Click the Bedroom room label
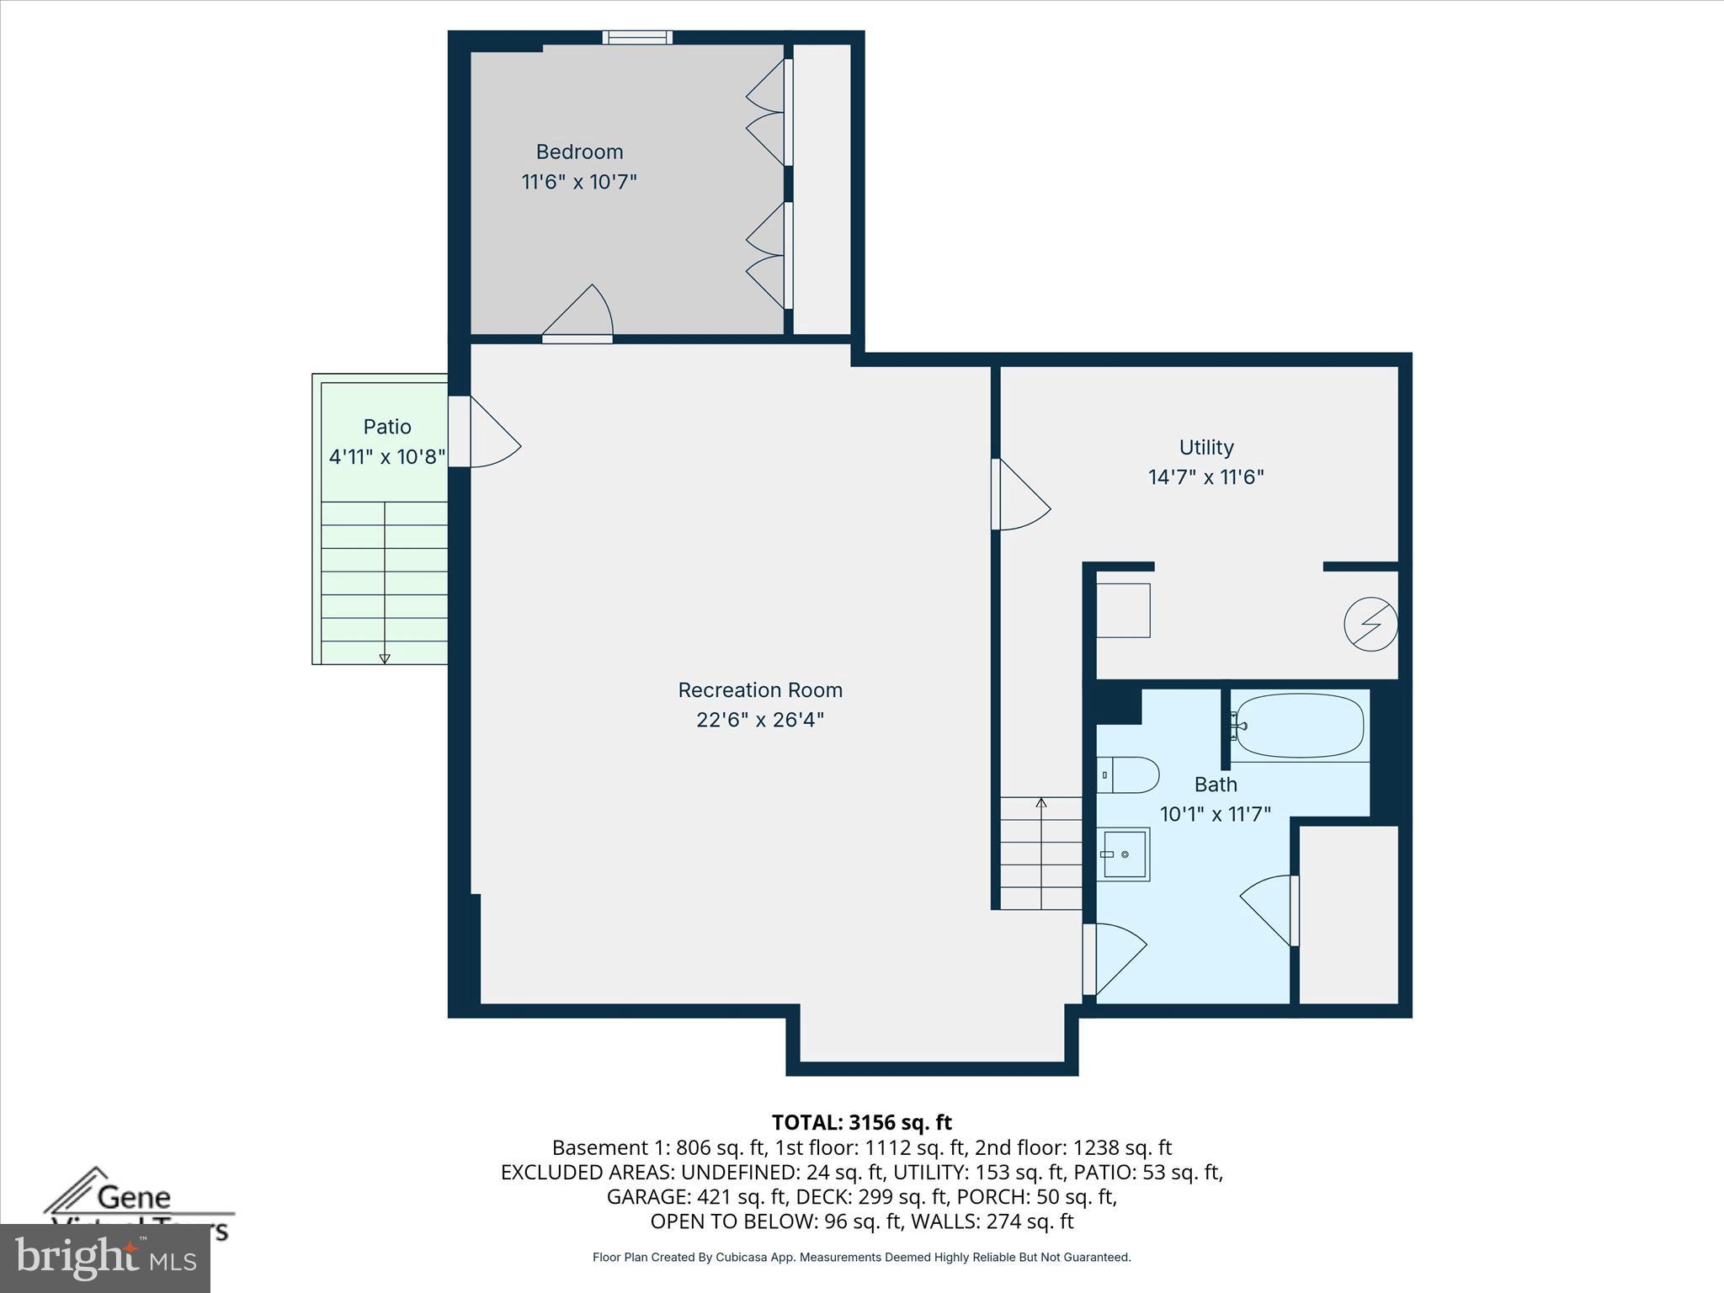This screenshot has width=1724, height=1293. [579, 152]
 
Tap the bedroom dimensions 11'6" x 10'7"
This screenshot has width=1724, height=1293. [579, 182]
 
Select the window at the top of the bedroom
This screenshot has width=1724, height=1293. [637, 37]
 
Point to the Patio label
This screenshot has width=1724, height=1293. [387, 427]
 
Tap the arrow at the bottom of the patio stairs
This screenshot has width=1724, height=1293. [385, 657]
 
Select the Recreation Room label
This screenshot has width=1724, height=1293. [760, 690]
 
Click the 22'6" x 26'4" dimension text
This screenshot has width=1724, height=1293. [760, 720]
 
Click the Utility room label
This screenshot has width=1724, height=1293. [1206, 448]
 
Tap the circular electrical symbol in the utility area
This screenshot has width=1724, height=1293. [1370, 624]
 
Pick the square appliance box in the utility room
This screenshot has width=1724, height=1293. [1123, 610]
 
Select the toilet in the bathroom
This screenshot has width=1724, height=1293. [1130, 774]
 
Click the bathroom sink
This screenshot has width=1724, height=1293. [1124, 854]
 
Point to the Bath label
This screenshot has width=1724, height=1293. [1216, 785]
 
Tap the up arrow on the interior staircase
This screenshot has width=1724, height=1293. [1041, 803]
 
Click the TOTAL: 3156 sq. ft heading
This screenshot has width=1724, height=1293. [861, 1122]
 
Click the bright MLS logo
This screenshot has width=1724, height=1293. [105, 1258]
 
